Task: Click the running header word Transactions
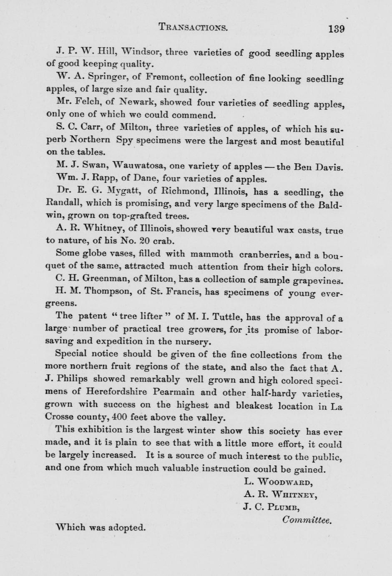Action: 193,28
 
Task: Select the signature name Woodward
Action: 285,482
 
